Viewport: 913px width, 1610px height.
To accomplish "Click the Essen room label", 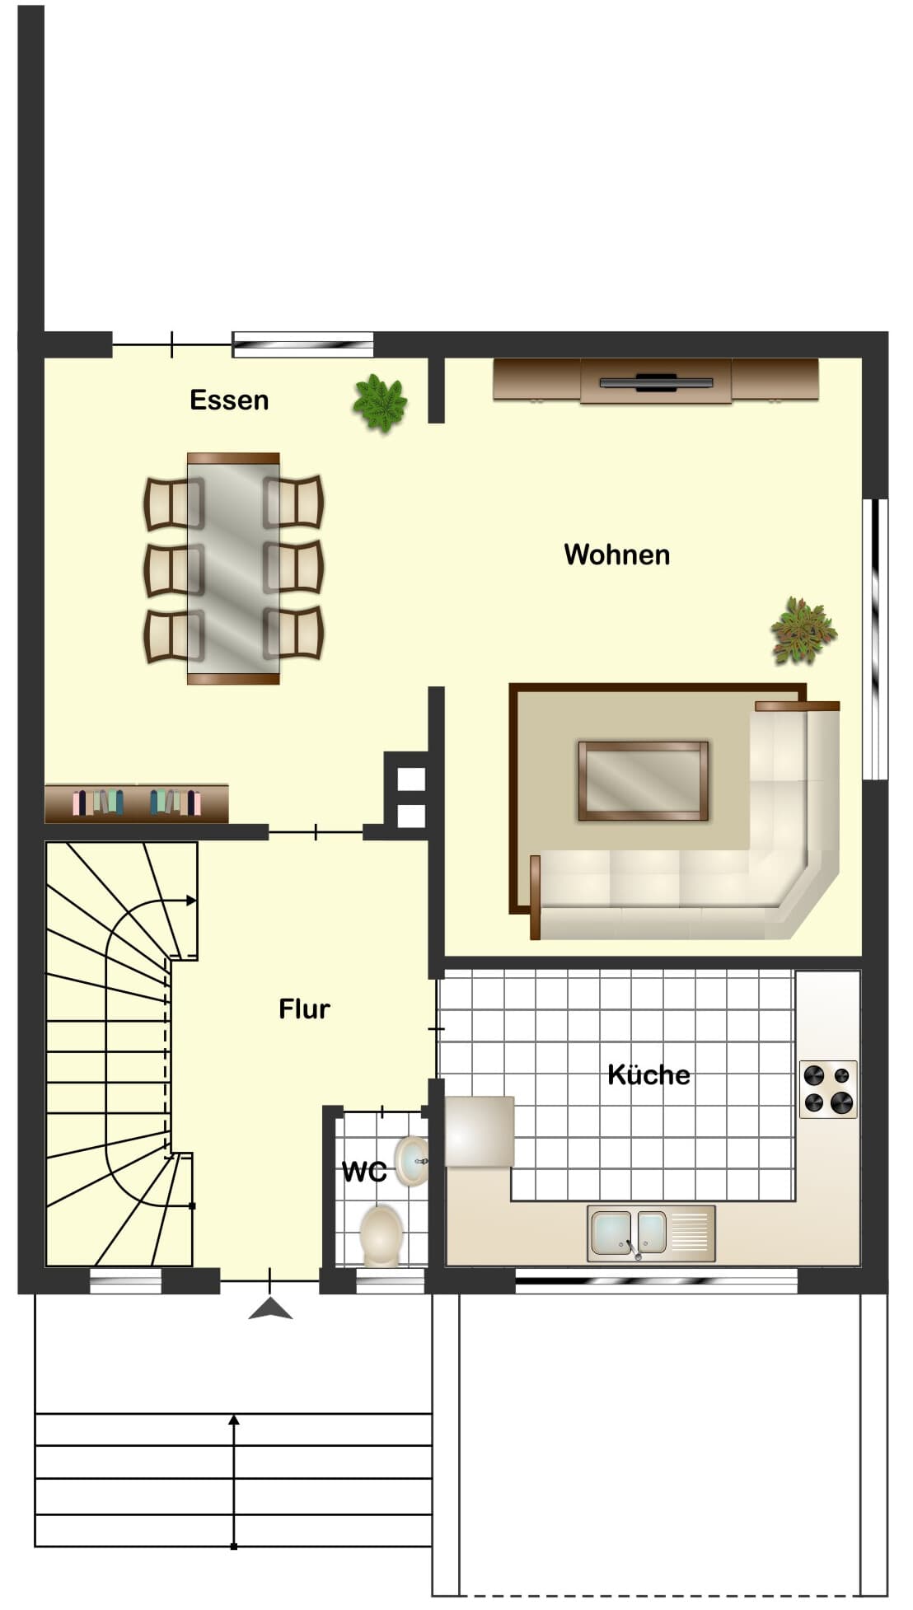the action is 229,400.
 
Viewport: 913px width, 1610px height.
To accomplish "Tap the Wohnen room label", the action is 616,555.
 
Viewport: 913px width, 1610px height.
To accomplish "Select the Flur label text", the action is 304,1009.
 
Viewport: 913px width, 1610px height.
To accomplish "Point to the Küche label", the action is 648,1074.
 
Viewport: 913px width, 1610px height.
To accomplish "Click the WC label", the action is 364,1171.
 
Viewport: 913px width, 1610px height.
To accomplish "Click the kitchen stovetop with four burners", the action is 828,1088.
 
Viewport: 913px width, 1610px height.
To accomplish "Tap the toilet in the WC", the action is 381,1236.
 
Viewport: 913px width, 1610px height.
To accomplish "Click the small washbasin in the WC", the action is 411,1160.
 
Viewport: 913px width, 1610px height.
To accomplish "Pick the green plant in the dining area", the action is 380,403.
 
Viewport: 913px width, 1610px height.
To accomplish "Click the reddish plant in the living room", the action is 803,631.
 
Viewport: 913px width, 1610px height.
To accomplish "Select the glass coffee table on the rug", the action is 643,781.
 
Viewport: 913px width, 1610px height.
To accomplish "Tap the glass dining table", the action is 233,569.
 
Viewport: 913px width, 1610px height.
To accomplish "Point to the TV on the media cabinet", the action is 656,381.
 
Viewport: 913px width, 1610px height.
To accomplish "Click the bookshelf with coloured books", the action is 137,803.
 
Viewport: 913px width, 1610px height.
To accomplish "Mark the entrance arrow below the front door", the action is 270,1308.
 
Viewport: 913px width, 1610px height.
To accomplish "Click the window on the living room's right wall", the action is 875,639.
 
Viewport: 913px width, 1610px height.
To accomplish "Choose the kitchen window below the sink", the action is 656,1281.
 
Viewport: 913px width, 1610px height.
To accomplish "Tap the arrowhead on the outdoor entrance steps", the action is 234,1420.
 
